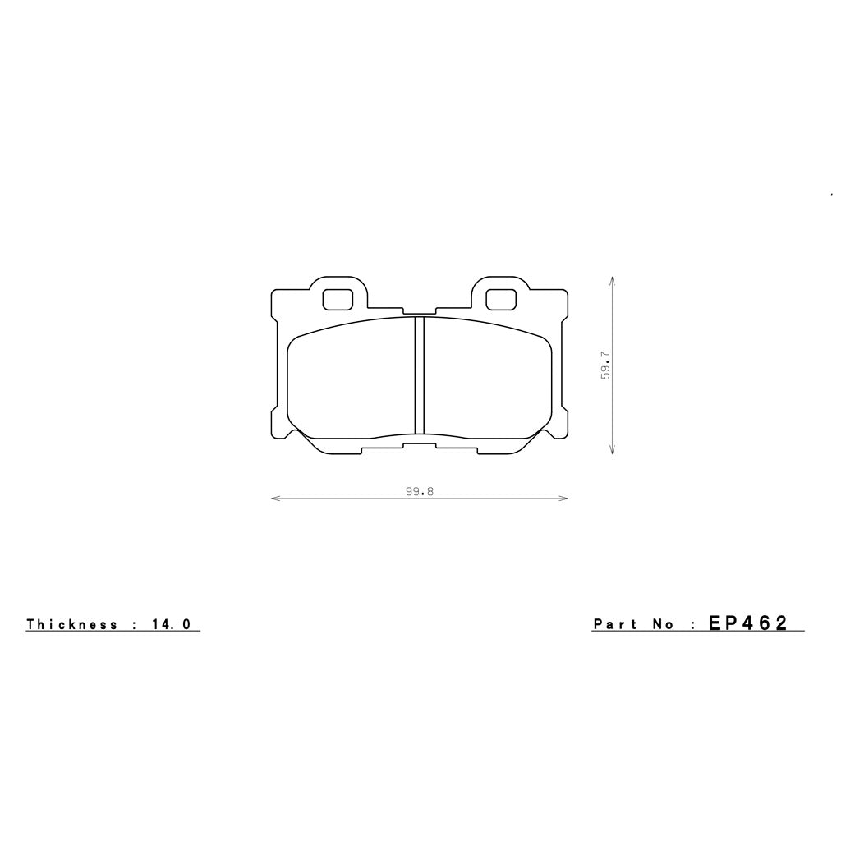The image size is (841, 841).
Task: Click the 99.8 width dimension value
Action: click(x=419, y=491)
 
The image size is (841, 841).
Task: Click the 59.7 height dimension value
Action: click(x=605, y=365)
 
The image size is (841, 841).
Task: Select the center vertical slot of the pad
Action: click(x=419, y=375)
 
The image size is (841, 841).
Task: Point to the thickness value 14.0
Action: click(x=172, y=624)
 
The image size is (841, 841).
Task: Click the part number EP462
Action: click(x=747, y=623)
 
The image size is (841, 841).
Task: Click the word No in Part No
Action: click(x=664, y=624)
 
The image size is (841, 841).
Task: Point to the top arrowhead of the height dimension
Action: click(x=613, y=280)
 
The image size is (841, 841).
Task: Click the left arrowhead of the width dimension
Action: click(x=274, y=498)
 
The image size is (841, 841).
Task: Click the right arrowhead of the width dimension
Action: click(x=564, y=498)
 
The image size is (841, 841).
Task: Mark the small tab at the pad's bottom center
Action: click(x=419, y=446)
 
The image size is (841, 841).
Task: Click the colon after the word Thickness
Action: click(x=133, y=625)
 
